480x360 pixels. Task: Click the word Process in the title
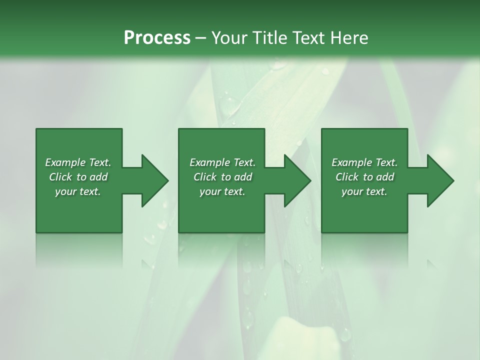(157, 38)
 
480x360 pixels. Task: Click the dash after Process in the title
(201, 38)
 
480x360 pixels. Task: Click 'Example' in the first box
(65, 162)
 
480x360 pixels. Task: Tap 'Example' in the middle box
(209, 162)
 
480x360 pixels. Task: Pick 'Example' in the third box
(351, 162)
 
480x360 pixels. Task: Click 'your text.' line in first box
(78, 191)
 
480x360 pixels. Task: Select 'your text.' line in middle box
(222, 191)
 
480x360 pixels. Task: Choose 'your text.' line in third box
(364, 191)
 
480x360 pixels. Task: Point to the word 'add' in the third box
(385, 177)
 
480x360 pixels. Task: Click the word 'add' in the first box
(98, 177)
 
